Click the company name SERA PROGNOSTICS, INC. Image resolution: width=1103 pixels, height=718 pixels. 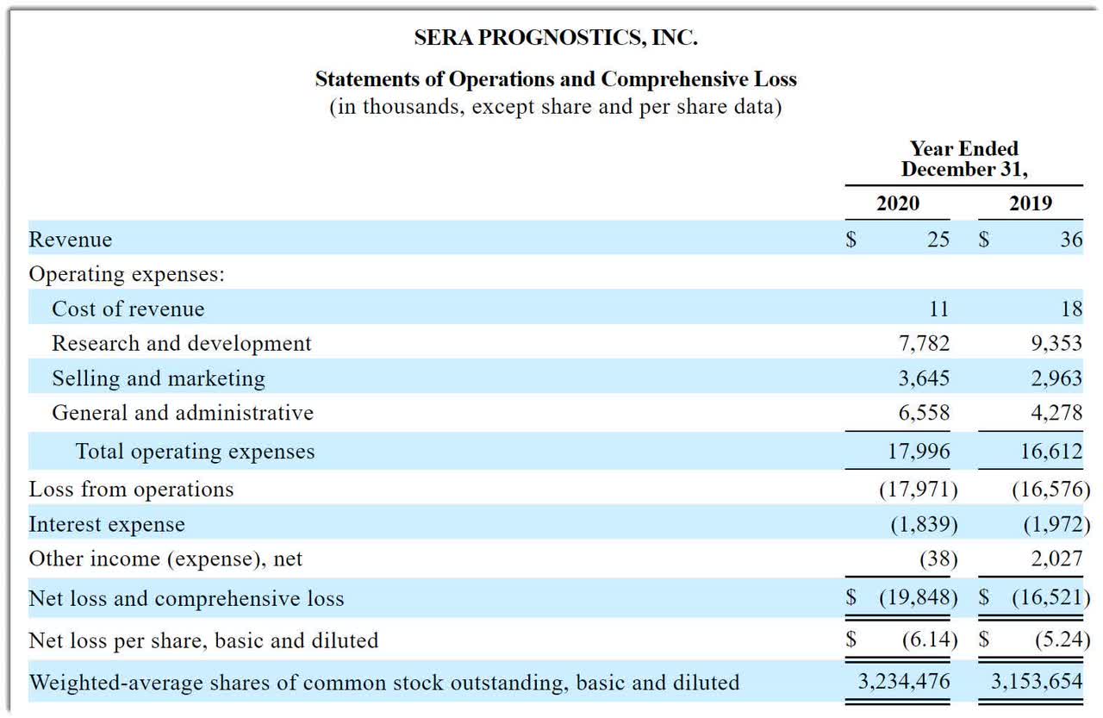[555, 38]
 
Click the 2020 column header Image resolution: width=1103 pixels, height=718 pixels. [897, 203]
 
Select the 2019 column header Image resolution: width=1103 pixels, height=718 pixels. [1031, 203]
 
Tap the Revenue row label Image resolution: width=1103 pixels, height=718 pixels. [71, 240]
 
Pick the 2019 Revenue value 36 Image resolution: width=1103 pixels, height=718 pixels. [1071, 240]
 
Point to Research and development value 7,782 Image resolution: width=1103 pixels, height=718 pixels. [924, 343]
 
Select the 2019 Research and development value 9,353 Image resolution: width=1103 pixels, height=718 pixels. [1056, 343]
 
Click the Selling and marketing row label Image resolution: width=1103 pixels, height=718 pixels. [159, 378]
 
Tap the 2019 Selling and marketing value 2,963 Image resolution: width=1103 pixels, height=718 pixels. [1056, 378]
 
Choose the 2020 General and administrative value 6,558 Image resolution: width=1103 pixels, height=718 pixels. [924, 413]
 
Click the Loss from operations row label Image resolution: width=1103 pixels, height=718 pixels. [131, 490]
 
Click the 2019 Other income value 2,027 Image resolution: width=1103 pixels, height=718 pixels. [1056, 559]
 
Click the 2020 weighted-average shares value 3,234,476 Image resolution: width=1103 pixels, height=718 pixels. [904, 682]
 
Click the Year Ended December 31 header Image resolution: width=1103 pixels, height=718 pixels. [964, 159]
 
